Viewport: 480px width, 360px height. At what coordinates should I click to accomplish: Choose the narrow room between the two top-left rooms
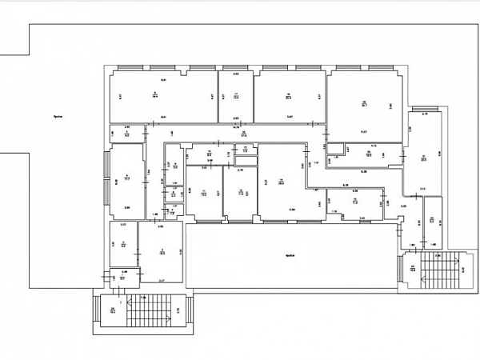(x=237, y=97)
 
